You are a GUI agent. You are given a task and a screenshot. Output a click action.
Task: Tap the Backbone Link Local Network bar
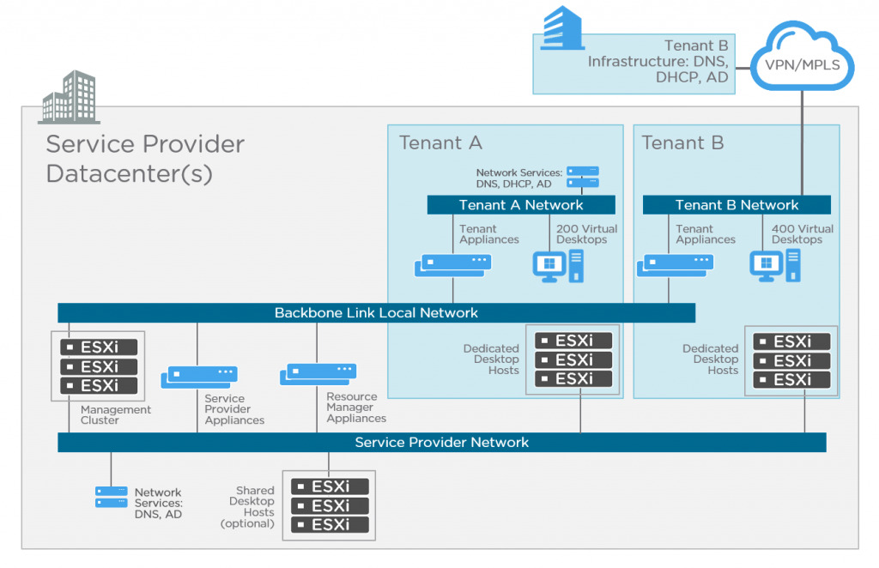point(376,312)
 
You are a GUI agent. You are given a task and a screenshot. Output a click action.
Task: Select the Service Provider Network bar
point(442,442)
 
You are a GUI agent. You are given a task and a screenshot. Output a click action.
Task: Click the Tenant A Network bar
point(521,205)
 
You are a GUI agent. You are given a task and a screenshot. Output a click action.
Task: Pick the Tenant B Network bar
point(737,205)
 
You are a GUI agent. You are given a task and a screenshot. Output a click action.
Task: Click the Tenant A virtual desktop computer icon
point(558,266)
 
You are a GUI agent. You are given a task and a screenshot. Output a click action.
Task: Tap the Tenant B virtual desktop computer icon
point(775,266)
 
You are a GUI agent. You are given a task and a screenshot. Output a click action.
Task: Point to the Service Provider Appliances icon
point(199,377)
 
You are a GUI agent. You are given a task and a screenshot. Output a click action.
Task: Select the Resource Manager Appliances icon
point(318,374)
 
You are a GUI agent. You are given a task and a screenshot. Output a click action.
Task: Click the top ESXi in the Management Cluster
point(99,347)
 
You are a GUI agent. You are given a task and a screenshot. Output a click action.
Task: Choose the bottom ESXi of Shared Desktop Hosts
point(330,525)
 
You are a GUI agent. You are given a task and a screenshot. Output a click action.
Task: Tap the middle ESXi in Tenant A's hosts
point(573,360)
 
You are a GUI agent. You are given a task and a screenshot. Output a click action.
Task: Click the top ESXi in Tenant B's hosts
point(791,341)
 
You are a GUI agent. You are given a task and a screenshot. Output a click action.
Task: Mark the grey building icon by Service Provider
point(70,97)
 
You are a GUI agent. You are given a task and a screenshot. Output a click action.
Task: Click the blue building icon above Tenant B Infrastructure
point(562,28)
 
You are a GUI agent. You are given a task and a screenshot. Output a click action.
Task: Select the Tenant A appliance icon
point(453,265)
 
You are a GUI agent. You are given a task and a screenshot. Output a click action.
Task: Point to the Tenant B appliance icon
point(675,265)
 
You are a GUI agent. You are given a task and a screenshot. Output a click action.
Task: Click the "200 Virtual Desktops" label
point(586,234)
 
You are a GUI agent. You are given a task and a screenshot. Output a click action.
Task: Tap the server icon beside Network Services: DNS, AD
point(111,497)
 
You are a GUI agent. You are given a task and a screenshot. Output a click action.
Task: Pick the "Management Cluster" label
point(116,415)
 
